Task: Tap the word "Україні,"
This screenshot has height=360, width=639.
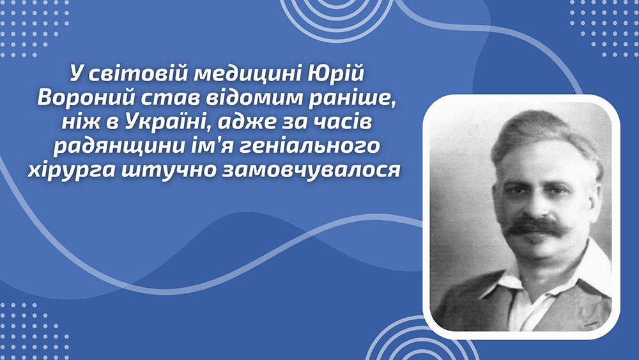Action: click(168, 122)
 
